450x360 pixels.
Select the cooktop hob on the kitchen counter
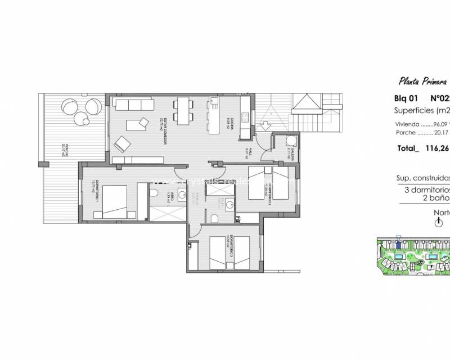[246, 118]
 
